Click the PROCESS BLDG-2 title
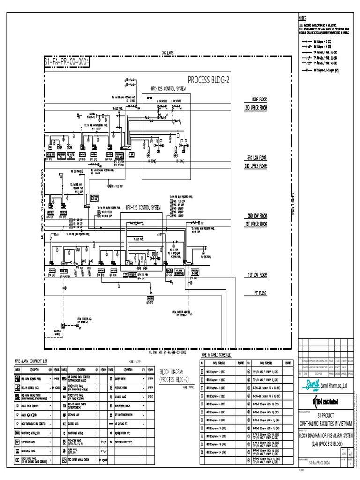coord(209,80)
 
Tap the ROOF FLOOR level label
coord(259,100)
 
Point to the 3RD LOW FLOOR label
coord(257,157)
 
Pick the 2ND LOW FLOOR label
coord(257,216)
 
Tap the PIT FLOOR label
coord(257,293)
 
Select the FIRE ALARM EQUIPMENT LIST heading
coord(31,361)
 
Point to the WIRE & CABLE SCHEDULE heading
coord(216,355)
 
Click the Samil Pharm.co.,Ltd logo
coord(327,385)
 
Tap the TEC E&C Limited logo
coord(327,401)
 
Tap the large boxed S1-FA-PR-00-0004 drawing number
coord(66,62)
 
